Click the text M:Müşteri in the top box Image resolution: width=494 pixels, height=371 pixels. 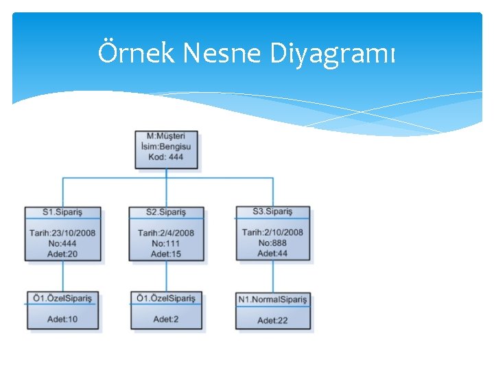(x=166, y=136)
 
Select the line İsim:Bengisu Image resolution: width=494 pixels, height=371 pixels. (x=166, y=146)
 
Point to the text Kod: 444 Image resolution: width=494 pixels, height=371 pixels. (x=166, y=157)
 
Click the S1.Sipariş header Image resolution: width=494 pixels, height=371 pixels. (x=62, y=212)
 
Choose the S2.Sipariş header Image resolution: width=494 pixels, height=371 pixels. (x=166, y=212)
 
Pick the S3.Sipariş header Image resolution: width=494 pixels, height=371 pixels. (x=272, y=212)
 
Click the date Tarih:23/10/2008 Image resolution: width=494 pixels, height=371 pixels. (x=62, y=233)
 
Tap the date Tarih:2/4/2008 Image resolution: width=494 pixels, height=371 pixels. (x=166, y=233)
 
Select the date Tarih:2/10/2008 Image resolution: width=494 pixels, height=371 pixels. (x=272, y=232)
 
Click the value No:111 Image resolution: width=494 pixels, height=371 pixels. (x=166, y=243)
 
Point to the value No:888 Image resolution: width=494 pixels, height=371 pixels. (x=272, y=243)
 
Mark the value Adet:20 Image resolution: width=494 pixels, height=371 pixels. (x=62, y=254)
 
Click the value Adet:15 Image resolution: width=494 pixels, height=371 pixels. (x=166, y=254)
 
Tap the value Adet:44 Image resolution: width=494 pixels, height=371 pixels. (x=272, y=253)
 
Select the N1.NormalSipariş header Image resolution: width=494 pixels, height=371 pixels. (x=273, y=300)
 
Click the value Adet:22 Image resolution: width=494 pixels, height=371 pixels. (x=272, y=320)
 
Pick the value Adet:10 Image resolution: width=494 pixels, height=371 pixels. (x=62, y=319)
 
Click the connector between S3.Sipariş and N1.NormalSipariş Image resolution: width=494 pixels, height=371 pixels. (x=272, y=277)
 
